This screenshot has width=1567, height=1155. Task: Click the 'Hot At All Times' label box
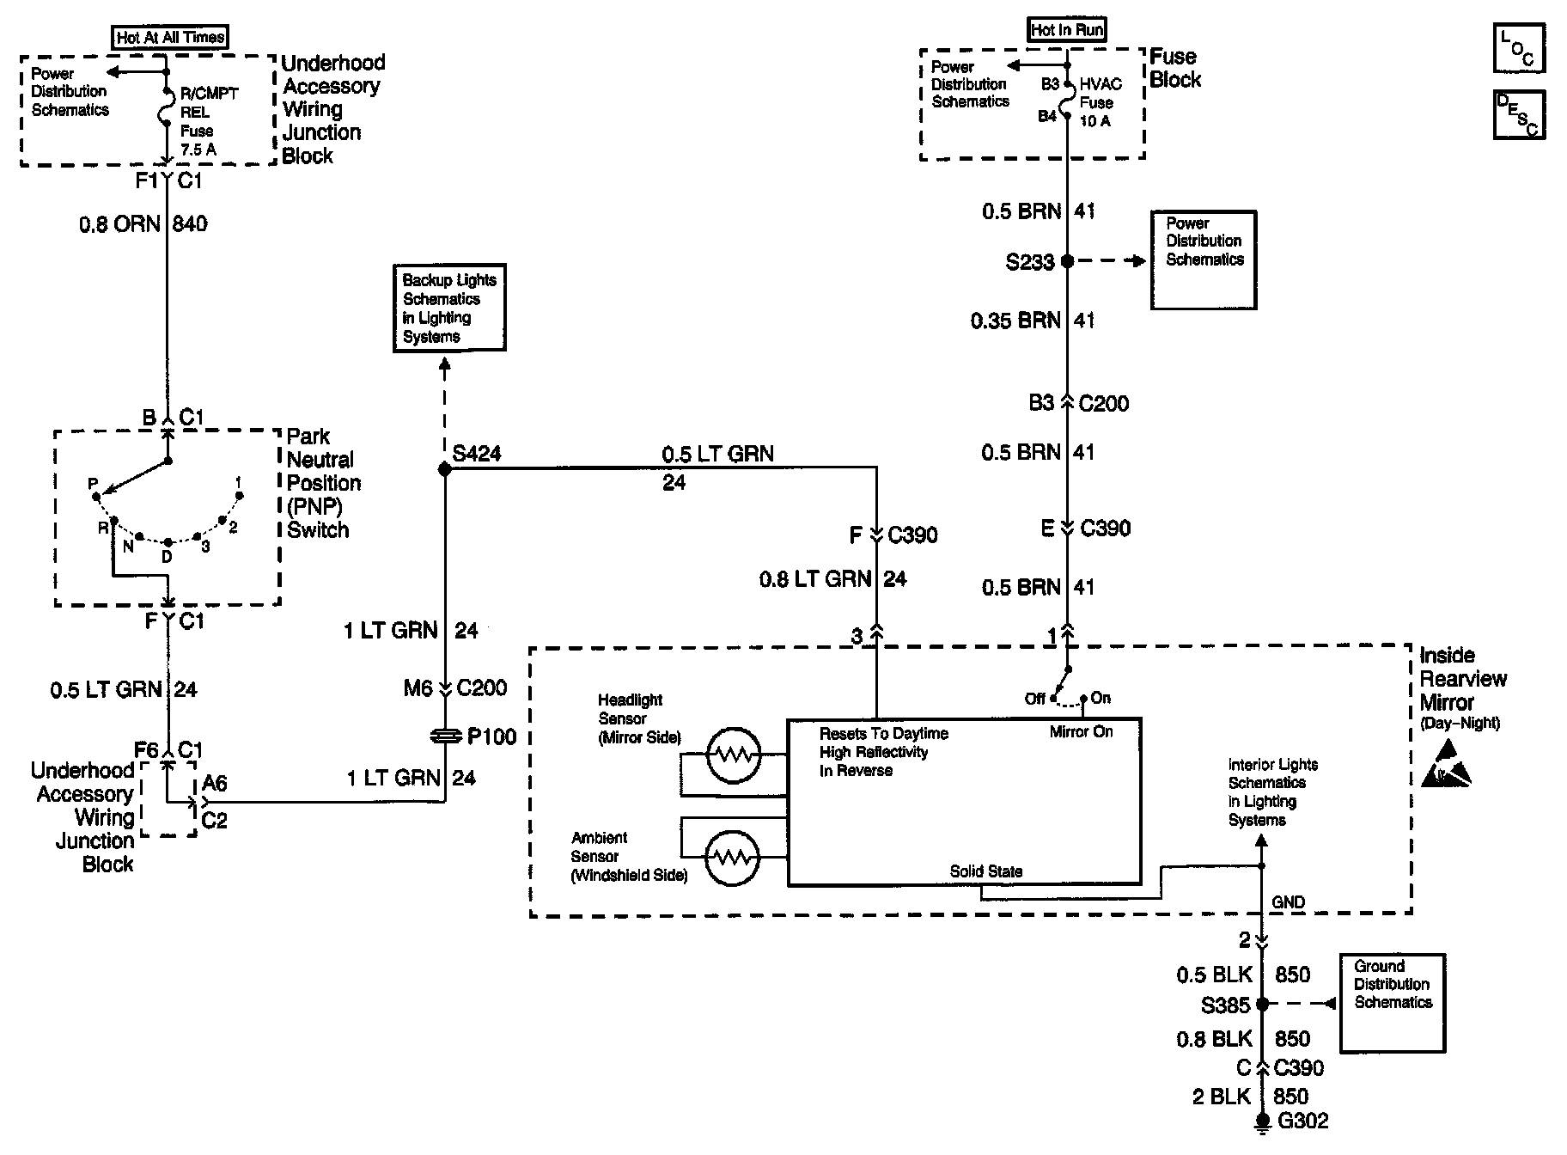click(x=171, y=37)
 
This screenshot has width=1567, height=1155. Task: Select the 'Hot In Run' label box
click(x=1067, y=29)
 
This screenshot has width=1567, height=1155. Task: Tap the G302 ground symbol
click(x=1262, y=1121)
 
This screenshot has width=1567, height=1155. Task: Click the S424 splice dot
click(x=445, y=469)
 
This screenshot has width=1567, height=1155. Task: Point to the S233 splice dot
click(x=1067, y=260)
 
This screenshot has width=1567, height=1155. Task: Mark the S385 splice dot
click(x=1262, y=1004)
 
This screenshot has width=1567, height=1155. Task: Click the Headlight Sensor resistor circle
click(x=734, y=755)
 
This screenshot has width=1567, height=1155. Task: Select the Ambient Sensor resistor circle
click(x=732, y=857)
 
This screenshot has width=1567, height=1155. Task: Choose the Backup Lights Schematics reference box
click(x=448, y=308)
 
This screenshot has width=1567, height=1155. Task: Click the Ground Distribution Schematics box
click(x=1392, y=1003)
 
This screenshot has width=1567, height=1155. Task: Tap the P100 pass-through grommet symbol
click(x=445, y=736)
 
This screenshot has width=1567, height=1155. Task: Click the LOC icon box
click(x=1518, y=49)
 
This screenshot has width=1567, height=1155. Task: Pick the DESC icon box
click(x=1518, y=115)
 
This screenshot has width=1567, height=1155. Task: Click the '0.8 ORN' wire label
click(x=120, y=224)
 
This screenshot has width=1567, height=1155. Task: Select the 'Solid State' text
click(x=985, y=871)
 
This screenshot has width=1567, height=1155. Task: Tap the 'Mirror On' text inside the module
click(x=1081, y=732)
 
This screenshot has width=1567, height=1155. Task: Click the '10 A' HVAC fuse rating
click(x=1094, y=121)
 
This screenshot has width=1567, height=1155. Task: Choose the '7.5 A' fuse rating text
click(x=198, y=150)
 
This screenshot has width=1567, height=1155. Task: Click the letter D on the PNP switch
click(x=167, y=557)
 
